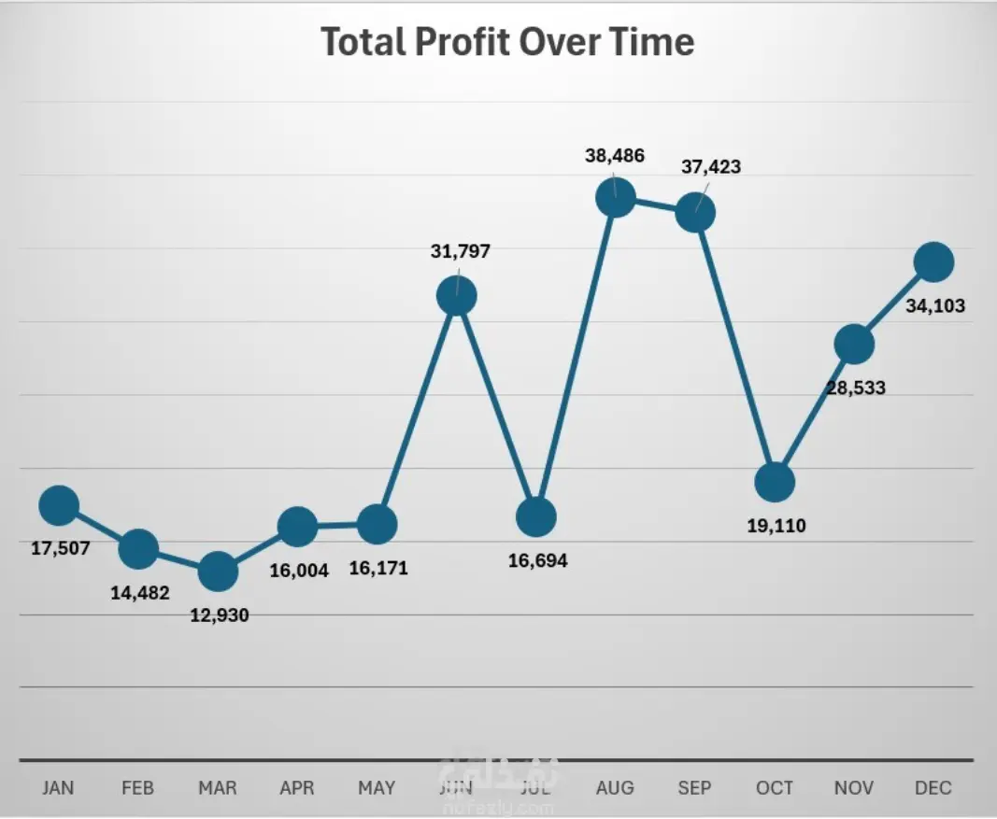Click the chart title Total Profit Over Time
(507, 42)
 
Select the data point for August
(616, 197)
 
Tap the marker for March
(218, 571)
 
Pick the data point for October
(775, 482)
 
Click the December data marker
(933, 262)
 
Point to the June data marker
(457, 295)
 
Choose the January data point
(59, 505)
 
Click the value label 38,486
(615, 156)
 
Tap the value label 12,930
(219, 614)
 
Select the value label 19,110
(776, 526)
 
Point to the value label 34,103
(935, 305)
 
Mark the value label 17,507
(61, 548)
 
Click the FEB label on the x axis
(137, 788)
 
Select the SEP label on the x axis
(694, 788)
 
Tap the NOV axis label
(854, 788)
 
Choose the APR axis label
(297, 788)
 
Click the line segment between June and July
(496, 406)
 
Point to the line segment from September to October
(735, 347)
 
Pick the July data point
(536, 516)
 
